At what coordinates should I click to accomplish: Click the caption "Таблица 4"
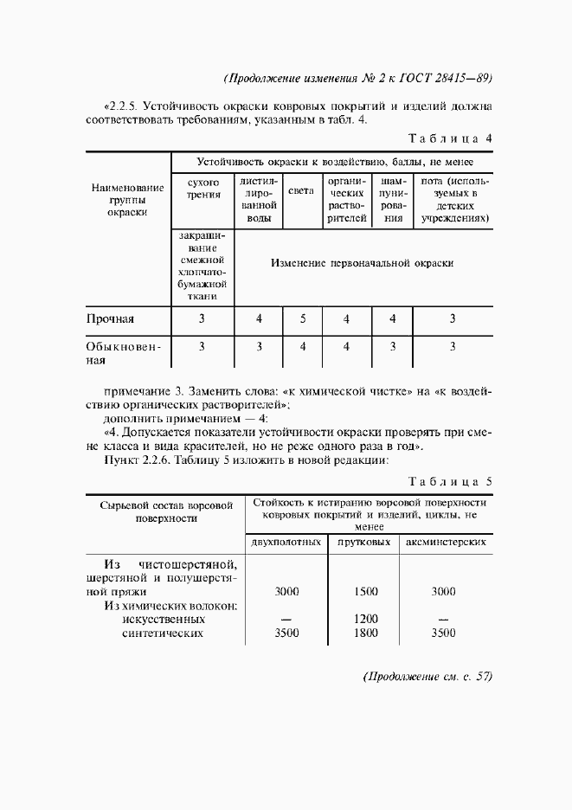coord(449,138)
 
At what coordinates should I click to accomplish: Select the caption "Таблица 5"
coord(449,481)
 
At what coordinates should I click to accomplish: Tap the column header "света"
coord(301,190)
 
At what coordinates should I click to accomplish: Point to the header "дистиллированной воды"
coord(259,201)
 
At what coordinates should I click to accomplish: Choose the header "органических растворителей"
coord(346,201)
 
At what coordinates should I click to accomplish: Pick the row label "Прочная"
coord(110,319)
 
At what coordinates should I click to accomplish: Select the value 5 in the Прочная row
coord(303,319)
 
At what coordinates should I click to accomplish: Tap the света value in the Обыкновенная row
coord(303,347)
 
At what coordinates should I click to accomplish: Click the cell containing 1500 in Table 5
coord(366,592)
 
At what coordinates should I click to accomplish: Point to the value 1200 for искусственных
coord(366,620)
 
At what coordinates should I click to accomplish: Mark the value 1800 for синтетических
coord(366,633)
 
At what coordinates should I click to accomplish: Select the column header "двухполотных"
coord(286,543)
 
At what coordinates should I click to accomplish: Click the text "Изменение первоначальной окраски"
coord(362,263)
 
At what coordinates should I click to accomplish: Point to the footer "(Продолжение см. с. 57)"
coord(427,677)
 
